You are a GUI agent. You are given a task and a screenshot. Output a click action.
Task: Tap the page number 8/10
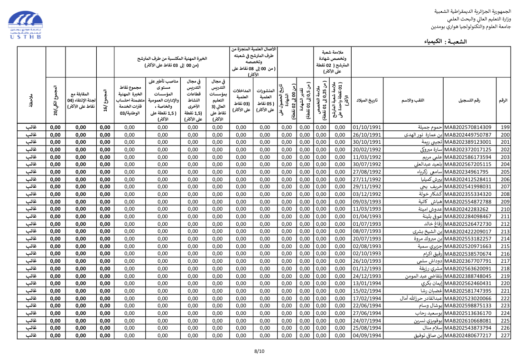[259, 351]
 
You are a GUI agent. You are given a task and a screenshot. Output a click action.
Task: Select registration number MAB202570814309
[468, 127]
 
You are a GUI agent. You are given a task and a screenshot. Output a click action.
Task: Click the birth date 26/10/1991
[367, 135]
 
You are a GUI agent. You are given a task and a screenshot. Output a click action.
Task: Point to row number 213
[505, 231]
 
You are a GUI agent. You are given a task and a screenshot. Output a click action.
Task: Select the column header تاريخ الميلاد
[367, 100]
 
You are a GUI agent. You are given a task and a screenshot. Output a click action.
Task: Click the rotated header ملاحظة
[31, 100]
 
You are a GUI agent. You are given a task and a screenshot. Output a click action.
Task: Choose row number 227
[505, 336]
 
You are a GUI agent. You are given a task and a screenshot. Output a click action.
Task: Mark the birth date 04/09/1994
[367, 336]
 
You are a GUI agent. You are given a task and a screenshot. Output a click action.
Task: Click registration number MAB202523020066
[468, 298]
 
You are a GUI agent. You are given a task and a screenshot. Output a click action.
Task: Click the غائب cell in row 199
[31, 127]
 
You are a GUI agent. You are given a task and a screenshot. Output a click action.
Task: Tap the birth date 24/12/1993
[367, 276]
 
